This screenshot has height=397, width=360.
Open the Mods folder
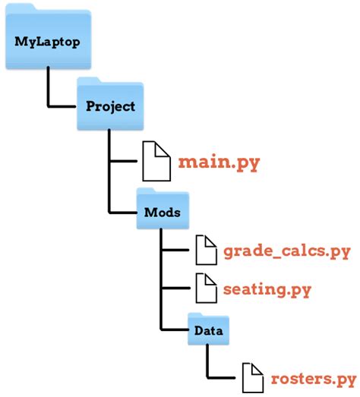[162, 210]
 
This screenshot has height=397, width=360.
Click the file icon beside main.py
[157, 160]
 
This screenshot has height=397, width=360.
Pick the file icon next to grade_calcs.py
[207, 250]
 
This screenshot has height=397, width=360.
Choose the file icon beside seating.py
[207, 288]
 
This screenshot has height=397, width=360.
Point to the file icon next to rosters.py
[254, 377]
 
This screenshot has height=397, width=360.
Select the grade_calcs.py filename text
[286, 251]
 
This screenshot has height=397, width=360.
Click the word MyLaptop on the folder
[47, 41]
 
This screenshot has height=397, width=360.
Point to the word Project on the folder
[109, 107]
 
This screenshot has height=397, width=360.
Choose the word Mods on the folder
[162, 213]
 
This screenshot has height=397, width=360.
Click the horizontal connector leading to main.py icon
[125, 161]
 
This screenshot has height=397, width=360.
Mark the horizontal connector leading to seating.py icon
[176, 289]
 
